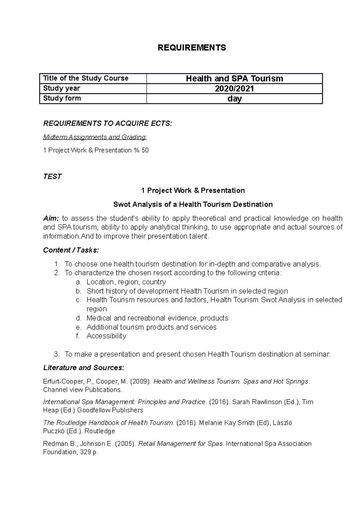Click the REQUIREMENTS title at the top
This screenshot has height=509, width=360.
point(192,48)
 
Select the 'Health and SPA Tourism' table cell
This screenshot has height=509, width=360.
point(234,79)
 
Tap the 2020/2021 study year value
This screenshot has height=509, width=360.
point(234,88)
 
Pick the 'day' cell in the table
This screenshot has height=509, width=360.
point(234,99)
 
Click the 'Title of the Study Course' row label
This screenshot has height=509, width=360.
point(86,78)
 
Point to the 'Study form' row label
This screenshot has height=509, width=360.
point(62,98)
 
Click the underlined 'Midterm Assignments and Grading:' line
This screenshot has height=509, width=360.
point(95,137)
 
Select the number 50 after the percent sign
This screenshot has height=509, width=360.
point(145,150)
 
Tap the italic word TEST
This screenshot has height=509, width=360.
point(52,177)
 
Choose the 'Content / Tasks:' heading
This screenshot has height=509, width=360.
point(71,250)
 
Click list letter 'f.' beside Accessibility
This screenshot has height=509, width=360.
point(78,336)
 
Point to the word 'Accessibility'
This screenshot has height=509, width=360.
point(106,336)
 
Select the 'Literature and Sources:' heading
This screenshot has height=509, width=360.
point(83,368)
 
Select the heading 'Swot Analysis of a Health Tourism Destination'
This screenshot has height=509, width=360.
point(193,204)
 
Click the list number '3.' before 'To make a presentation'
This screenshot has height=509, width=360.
point(57,354)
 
